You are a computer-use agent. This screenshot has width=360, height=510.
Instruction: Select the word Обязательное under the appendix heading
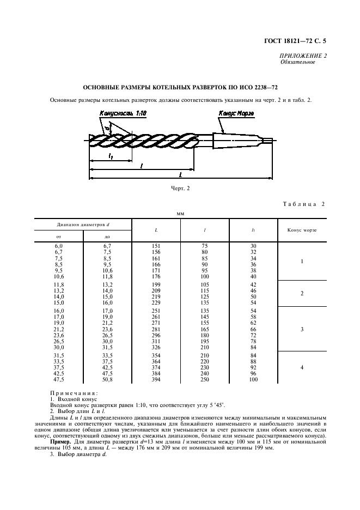pyautogui.click(x=298, y=62)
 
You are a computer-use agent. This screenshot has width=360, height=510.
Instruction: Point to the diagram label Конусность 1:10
pyautogui.click(x=124, y=113)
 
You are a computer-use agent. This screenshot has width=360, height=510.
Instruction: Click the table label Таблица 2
pyautogui.click(x=304, y=204)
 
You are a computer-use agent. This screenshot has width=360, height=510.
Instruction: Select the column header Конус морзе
pyautogui.click(x=302, y=230)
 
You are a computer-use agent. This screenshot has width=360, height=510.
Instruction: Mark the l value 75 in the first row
pyautogui.click(x=204, y=246)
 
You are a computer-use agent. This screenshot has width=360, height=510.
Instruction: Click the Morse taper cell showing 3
pyautogui.click(x=302, y=329)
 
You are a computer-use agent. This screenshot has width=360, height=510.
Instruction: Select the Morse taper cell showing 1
pyautogui.click(x=302, y=262)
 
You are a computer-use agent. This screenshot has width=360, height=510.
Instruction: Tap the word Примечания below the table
pyautogui.click(x=74, y=393)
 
